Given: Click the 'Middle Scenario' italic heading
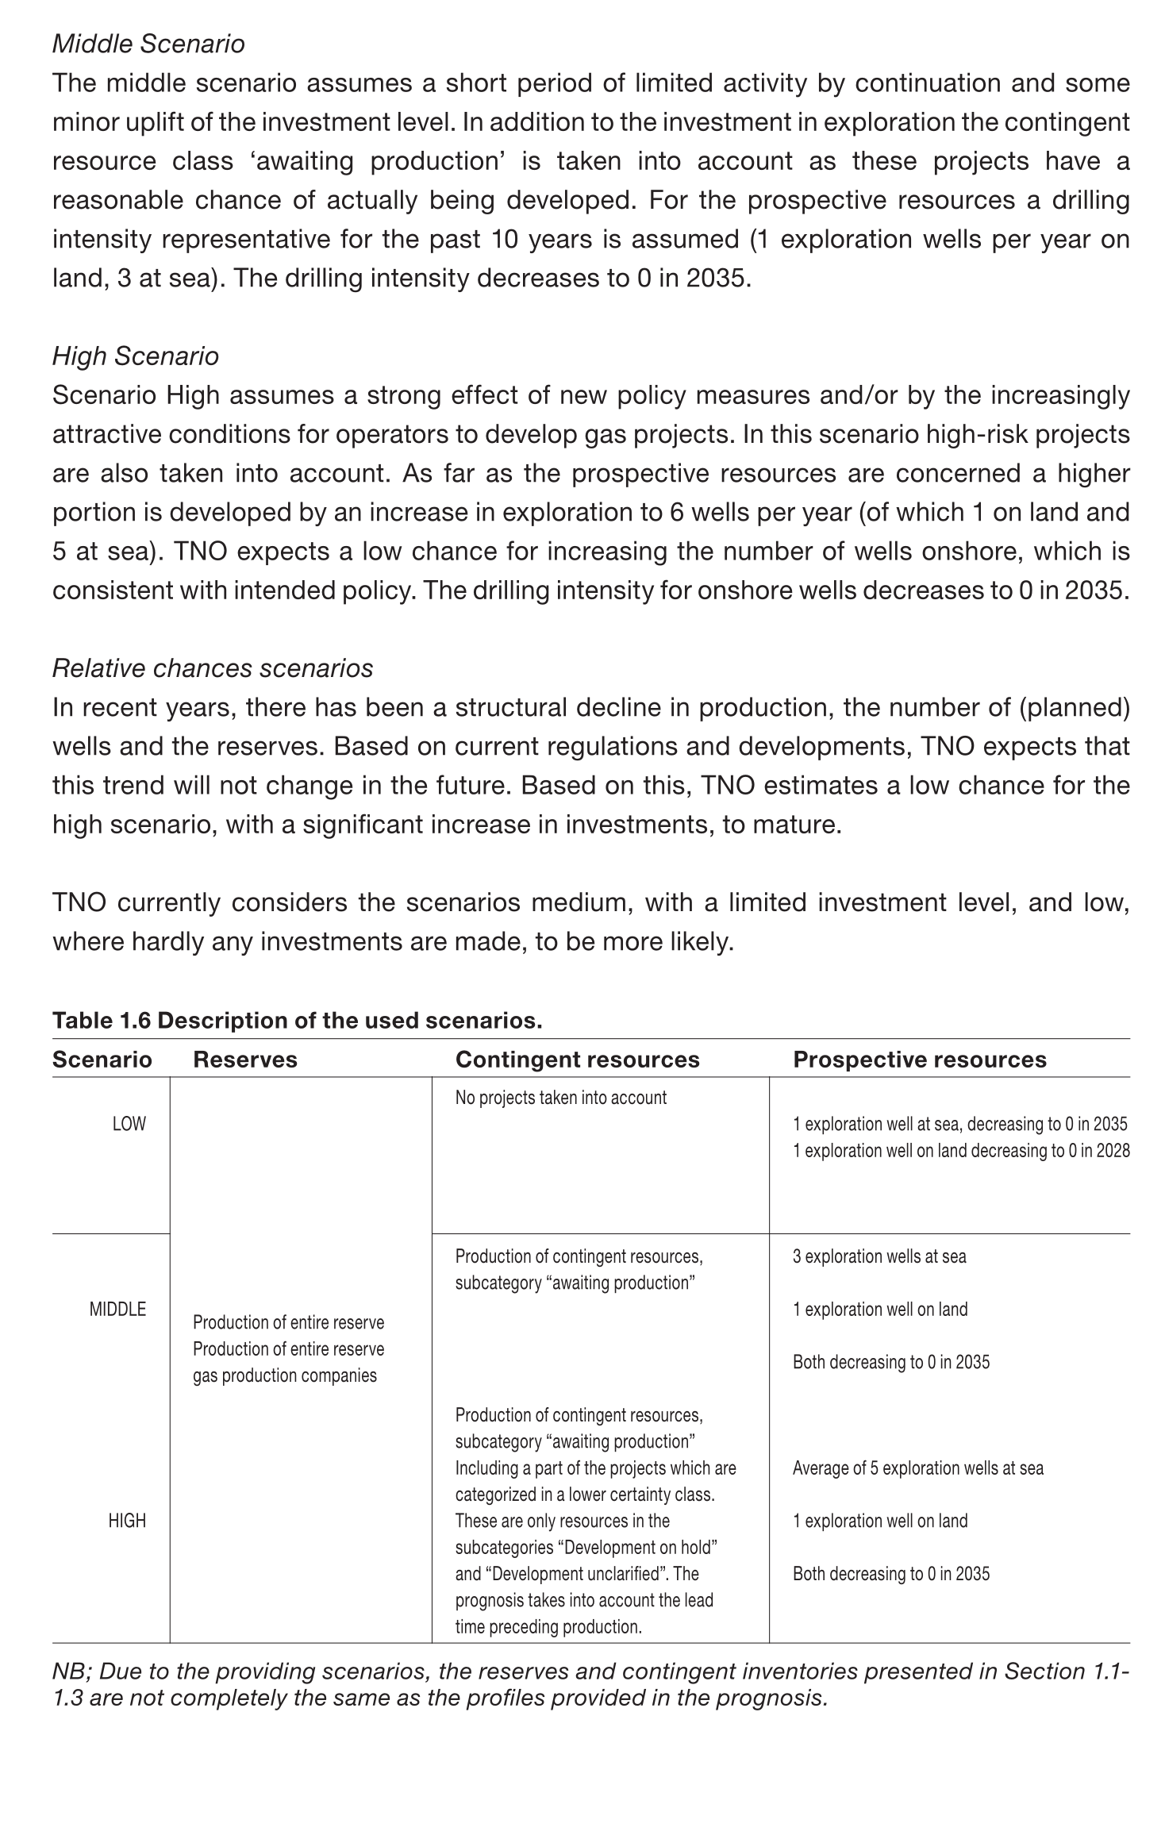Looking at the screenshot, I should tap(148, 44).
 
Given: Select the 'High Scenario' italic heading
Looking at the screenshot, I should tap(136, 356).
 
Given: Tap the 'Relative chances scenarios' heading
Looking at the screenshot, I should tap(213, 668).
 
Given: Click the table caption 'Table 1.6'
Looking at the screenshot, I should tap(102, 1020).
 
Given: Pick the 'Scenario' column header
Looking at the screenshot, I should tap(102, 1060).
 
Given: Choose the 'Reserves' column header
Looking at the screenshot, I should tap(245, 1060).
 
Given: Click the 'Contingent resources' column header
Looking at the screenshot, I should tap(577, 1060).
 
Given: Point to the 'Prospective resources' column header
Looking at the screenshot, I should tap(920, 1060).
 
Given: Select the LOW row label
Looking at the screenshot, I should tap(129, 1124).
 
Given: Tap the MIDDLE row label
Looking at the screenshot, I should tap(117, 1310).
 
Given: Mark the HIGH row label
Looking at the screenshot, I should tap(127, 1521).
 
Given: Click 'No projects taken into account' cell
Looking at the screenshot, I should tap(560, 1098).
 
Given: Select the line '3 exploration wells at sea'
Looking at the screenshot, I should tap(879, 1256).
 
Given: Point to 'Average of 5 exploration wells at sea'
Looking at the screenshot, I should tap(918, 1468).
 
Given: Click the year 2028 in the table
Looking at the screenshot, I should tap(1113, 1151).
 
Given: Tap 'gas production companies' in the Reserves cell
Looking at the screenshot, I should tap(285, 1375).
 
